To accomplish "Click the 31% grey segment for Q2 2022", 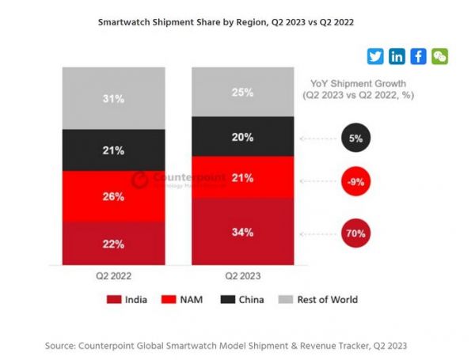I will [114, 98].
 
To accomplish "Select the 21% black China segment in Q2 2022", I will [114, 150].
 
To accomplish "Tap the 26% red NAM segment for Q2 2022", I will [114, 196].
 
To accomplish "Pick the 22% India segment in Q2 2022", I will [114, 243].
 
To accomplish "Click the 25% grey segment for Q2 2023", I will [242, 92].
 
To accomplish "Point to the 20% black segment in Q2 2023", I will [242, 137].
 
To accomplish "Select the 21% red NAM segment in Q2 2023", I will [242, 177].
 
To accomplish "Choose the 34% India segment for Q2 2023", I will [242, 232].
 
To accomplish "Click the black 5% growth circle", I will [355, 138].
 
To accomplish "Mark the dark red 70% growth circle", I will [355, 233].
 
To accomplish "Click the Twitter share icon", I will [375, 56].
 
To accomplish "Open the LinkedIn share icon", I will [397, 56].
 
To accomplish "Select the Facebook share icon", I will [418, 56].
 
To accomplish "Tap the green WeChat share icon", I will [439, 56].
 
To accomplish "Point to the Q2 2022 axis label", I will [114, 276].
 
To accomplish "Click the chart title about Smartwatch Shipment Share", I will [226, 23].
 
